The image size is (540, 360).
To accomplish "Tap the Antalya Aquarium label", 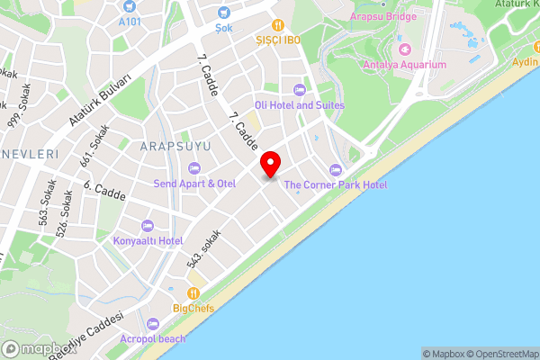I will pos(404,65).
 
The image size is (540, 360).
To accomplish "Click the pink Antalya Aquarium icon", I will pos(404,49).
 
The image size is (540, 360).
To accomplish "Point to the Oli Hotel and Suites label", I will pos(300,105).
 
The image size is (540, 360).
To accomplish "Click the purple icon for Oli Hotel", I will pos(300,89).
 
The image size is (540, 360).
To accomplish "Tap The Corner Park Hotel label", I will pos(336,185).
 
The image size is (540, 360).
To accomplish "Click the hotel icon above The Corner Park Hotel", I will pos(336,169).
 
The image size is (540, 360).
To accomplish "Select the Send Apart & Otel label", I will pos(194,184).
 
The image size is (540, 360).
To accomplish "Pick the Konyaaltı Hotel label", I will pos(148,241).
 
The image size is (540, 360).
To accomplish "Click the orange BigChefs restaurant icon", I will pos(193,293).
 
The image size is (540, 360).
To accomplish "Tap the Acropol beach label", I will pos(154,339).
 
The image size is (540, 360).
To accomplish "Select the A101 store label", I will pos(131,20).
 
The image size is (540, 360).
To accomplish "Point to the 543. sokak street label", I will pos(203,249).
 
